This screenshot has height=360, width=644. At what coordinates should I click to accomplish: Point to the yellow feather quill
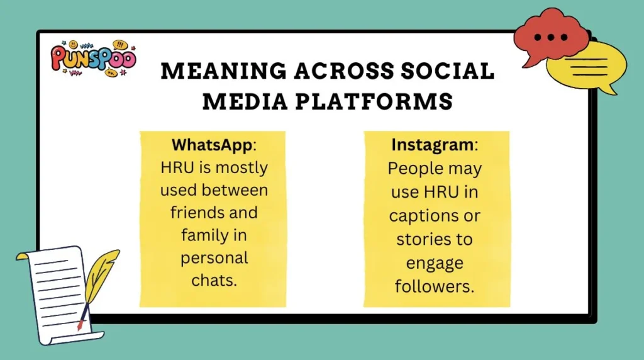point(99,277)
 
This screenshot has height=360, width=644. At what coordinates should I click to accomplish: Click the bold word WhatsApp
point(211,145)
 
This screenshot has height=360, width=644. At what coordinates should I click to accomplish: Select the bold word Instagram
point(432,145)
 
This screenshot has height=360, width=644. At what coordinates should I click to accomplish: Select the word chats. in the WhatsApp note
point(214,280)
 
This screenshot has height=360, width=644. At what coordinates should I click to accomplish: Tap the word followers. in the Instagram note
point(434,286)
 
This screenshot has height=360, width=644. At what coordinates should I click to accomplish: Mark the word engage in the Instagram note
point(434,262)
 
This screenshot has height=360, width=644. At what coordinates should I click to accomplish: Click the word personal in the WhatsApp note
point(214,257)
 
